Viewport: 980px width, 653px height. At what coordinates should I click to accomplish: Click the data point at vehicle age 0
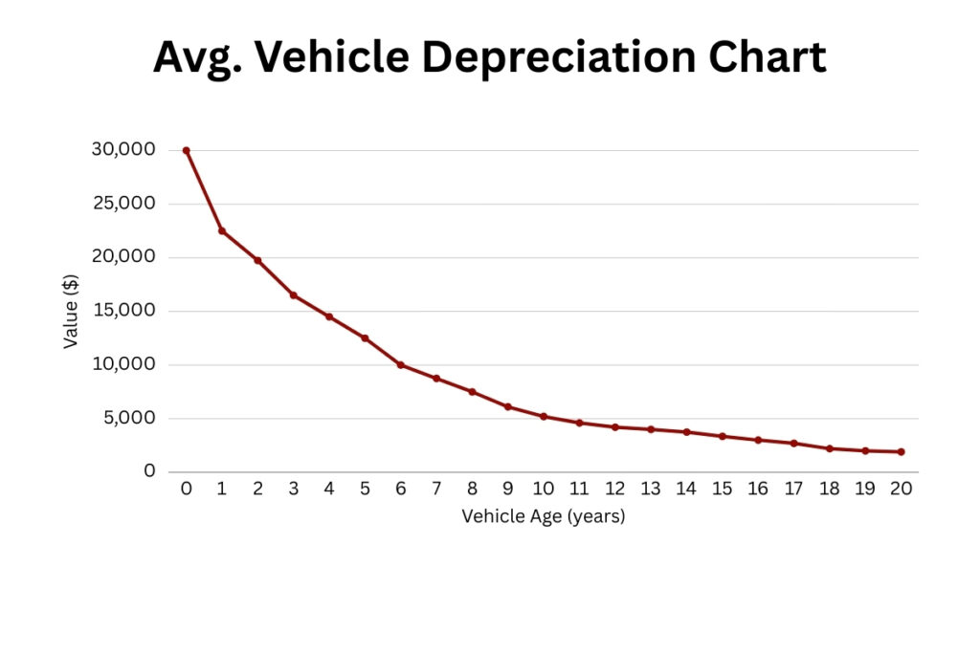186,150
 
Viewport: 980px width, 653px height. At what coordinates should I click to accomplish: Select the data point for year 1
222,230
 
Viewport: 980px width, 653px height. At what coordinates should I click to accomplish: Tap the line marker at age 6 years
400,365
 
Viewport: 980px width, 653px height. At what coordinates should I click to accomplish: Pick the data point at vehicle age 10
544,417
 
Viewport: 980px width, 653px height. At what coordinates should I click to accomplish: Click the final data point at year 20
901,452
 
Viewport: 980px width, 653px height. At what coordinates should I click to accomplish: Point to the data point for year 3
294,295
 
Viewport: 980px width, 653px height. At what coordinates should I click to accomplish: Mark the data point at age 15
723,436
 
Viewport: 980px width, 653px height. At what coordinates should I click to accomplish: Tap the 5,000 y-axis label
128,418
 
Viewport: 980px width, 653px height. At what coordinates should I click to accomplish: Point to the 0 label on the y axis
149,471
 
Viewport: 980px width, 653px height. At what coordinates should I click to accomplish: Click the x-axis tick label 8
472,489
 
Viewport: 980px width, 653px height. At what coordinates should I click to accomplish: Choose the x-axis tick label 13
651,489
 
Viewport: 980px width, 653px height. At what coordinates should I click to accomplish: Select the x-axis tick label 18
829,489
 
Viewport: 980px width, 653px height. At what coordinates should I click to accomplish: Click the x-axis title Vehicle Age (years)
543,516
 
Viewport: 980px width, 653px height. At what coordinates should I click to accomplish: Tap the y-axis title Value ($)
71,311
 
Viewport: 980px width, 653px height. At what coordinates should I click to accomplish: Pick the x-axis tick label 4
329,489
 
